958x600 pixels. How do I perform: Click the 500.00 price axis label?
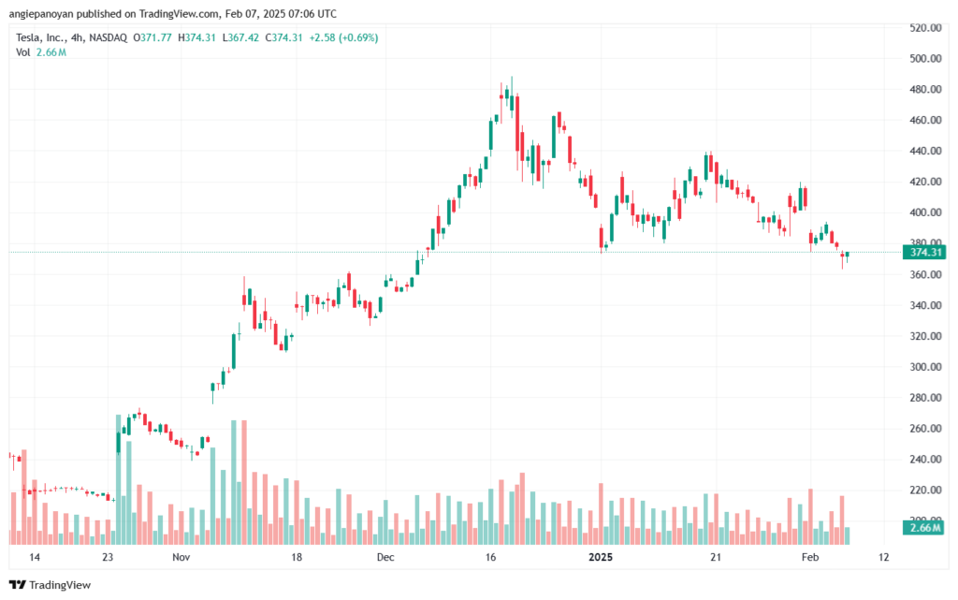tap(925, 59)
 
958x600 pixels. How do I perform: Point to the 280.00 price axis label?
tap(925, 398)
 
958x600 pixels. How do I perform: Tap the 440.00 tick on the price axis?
tap(925, 151)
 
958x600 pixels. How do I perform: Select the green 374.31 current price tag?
tap(924, 253)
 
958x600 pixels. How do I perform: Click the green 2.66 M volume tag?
tap(924, 527)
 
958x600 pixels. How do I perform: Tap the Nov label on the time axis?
tap(181, 557)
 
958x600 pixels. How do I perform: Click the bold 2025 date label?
tap(601, 557)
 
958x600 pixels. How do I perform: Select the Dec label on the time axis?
tap(385, 557)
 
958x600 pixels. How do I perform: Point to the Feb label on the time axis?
tap(810, 557)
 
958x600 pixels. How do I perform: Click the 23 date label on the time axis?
tap(109, 557)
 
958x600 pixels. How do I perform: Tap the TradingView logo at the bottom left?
tap(51, 585)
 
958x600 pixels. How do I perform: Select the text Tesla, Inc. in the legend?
tap(39, 37)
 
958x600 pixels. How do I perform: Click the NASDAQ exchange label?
tap(109, 37)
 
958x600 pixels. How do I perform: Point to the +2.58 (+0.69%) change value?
tap(343, 37)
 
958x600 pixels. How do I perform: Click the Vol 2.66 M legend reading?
tap(41, 52)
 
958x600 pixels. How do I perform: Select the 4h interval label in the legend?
tap(77, 37)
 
